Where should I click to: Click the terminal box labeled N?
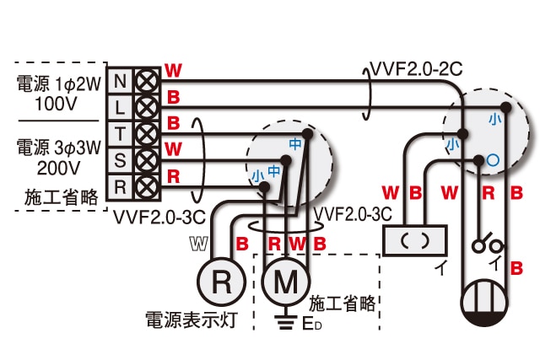point(120,81)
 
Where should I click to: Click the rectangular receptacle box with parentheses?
point(413,239)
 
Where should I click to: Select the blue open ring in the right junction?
point(493,158)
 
